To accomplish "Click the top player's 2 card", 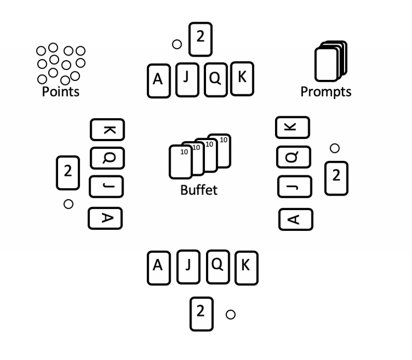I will coord(200,39).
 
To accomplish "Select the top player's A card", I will coord(159,80).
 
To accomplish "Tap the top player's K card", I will coord(242,78).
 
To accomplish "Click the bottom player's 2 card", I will coord(201,313).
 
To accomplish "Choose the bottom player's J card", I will coord(188,267).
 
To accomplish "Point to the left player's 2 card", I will coord(67,172).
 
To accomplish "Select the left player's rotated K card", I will coord(107,129).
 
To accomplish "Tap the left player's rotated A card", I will coord(105,218).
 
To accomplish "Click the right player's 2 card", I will coord(336,178).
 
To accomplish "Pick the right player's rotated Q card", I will coord(294,156).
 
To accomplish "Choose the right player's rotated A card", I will coord(296,219).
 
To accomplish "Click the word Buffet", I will coord(199,190).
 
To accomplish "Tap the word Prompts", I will coord(326,92).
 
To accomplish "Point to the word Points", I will coord(61,92).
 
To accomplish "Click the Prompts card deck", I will coord(329,62).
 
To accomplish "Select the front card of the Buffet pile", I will coord(181,162).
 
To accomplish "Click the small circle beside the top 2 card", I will coord(177,44).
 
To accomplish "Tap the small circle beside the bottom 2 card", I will coord(231,314).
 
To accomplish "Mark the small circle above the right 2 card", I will coord(335,148).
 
